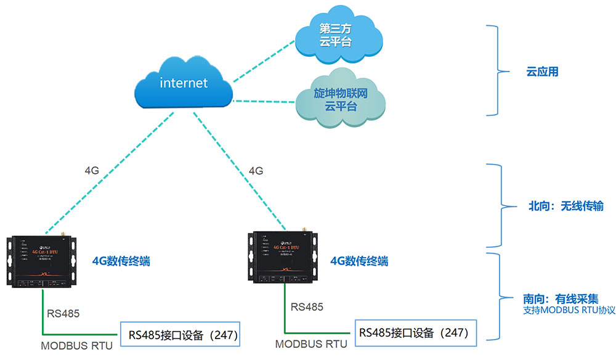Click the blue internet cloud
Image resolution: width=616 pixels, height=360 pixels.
pyautogui.click(x=184, y=83)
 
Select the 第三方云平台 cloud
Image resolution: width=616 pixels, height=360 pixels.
pyautogui.click(x=334, y=36)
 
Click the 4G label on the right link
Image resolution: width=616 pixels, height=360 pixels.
pyautogui.click(x=256, y=170)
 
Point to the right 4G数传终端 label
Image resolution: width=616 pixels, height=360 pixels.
pyautogui.click(x=359, y=261)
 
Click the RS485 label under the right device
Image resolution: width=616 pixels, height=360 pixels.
pyautogui.click(x=307, y=306)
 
